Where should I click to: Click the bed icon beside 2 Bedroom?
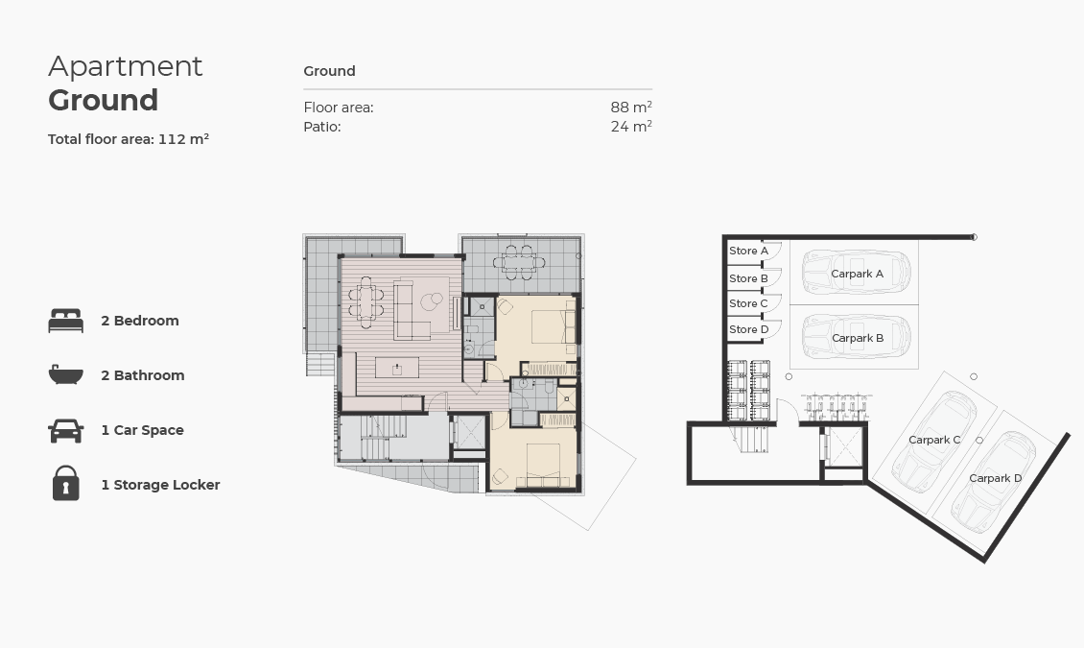pos(65,321)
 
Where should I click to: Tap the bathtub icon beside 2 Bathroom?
pos(65,375)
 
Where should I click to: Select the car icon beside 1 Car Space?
pos(65,430)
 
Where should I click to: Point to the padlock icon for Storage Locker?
pos(65,484)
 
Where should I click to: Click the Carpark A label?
pos(857,274)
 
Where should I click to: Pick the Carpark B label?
pos(858,338)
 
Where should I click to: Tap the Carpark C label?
pos(934,440)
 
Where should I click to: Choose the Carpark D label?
pos(995,478)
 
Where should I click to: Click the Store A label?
pos(748,251)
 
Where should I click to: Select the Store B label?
pos(748,278)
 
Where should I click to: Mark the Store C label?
pos(748,303)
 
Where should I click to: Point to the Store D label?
pos(748,329)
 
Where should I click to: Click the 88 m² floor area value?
pos(630,108)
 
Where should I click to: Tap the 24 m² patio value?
pos(630,127)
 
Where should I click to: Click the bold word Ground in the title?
pos(103,100)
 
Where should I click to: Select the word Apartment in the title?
pos(126,66)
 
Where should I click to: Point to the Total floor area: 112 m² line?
pos(129,139)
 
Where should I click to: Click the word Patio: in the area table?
pos(322,127)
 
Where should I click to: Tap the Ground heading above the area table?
pos(329,71)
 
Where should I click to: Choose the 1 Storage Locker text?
pos(160,485)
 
